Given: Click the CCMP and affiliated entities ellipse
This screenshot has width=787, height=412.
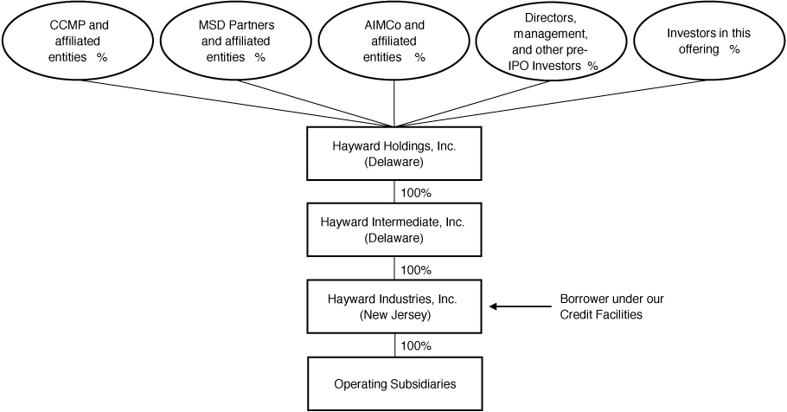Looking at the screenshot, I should [79, 41].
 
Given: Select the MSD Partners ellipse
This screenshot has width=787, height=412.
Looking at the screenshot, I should [236, 41].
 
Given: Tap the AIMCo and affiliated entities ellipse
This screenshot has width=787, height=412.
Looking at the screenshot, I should [394, 41].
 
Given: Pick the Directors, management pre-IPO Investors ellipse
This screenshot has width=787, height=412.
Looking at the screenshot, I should [552, 41].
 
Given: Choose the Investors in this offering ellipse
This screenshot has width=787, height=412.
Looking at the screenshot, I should [709, 41].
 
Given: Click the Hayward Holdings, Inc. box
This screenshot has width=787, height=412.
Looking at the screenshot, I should [394, 153].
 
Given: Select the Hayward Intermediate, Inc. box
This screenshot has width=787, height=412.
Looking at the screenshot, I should [394, 229].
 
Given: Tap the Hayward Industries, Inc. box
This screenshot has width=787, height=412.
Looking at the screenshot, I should [394, 306].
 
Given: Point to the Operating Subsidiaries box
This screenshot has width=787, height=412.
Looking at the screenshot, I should [394, 383].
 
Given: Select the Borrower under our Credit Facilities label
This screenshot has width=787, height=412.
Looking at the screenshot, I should [611, 307].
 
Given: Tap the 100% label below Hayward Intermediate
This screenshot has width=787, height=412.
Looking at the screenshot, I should [416, 269].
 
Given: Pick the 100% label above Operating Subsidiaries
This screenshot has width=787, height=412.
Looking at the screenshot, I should [416, 345].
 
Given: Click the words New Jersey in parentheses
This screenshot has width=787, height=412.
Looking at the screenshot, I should [394, 315].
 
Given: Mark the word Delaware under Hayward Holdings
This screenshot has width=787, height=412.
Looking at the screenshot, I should [394, 162].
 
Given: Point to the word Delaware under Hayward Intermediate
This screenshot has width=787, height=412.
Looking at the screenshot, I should [394, 238].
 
